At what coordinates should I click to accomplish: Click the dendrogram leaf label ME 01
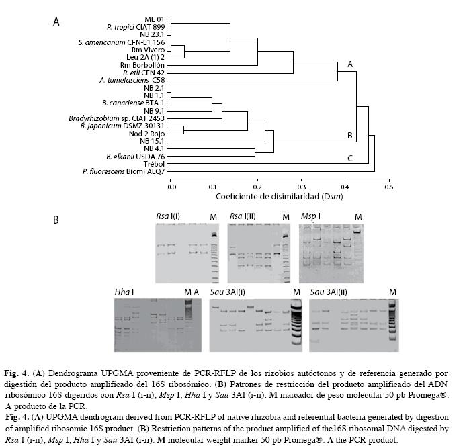pyautogui.click(x=154, y=19)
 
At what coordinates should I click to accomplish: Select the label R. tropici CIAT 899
pyautogui.click(x=136, y=27)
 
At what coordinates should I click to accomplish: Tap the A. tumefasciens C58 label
pyautogui.click(x=132, y=80)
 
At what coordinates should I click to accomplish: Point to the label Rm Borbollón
pyautogui.click(x=142, y=65)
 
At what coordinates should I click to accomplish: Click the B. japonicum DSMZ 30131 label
pyautogui.click(x=122, y=126)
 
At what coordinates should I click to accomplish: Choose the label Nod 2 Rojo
pyautogui.click(x=146, y=134)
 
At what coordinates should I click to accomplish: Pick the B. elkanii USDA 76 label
pyautogui.click(x=136, y=157)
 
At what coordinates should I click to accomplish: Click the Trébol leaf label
pyautogui.click(x=154, y=164)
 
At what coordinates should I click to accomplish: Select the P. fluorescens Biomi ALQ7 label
pyautogui.click(x=124, y=171)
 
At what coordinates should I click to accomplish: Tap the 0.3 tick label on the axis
pyautogui.click(x=301, y=187)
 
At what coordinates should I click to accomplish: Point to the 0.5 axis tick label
pyautogui.click(x=389, y=187)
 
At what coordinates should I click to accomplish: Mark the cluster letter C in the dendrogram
pyautogui.click(x=350, y=159)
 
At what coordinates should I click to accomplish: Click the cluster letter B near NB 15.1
pyautogui.click(x=350, y=136)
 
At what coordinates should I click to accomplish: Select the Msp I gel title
pyautogui.click(x=310, y=216)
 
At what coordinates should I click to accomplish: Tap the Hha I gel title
pyautogui.click(x=124, y=292)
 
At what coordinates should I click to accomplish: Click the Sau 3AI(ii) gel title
pyautogui.click(x=329, y=292)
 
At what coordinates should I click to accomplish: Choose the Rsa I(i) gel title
pyautogui.click(x=168, y=216)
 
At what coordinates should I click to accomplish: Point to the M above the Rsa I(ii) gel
pyautogui.click(x=286, y=217)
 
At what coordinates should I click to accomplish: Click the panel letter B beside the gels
pyautogui.click(x=56, y=220)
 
